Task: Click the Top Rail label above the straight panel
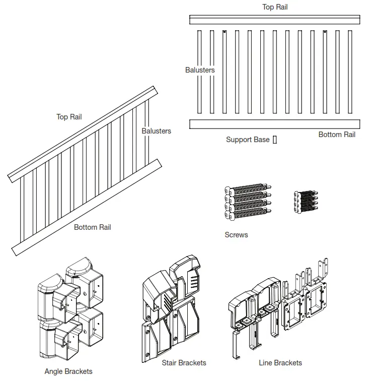pos(275,7)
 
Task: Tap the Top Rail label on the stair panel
pos(69,117)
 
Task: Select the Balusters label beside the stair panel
pos(156,131)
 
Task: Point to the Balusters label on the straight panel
pos(200,70)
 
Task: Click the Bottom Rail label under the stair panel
pos(93,227)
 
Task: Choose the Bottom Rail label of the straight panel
pos(337,135)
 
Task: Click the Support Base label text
pos(248,140)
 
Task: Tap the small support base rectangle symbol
pos(275,140)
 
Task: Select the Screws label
pos(236,235)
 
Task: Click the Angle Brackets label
pos(68,371)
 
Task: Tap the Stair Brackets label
pos(184,363)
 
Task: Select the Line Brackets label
pos(280,363)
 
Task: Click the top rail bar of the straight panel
pos(275,20)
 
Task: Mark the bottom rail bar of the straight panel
pos(275,124)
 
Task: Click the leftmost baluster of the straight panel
pos(199,72)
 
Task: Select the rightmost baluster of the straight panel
pos(350,72)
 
